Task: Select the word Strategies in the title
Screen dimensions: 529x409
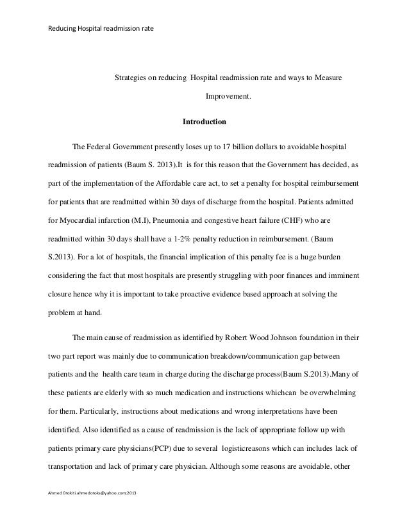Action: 130,77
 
